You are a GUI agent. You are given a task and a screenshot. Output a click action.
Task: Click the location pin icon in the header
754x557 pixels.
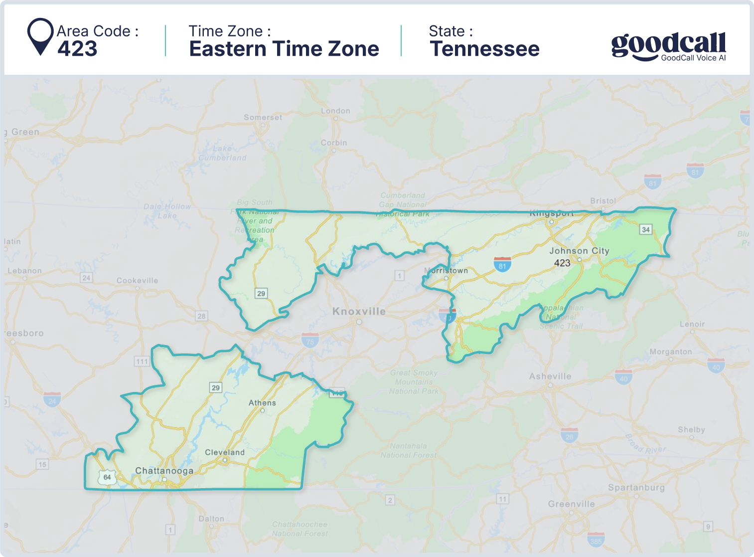coord(40,36)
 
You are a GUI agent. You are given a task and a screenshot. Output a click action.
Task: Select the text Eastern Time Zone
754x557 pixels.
coord(284,49)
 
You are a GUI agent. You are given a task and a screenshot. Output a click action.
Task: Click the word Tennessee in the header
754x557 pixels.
coord(484,49)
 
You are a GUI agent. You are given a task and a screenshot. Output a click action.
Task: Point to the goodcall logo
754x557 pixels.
coord(668,46)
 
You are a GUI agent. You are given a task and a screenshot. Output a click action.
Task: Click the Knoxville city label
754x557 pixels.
coord(359,312)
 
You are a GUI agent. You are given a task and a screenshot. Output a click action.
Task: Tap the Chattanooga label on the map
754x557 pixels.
coord(164,471)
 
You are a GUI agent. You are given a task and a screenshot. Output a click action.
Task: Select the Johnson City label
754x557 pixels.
coord(579,251)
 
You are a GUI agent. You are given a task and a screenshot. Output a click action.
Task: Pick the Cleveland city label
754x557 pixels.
coord(225,452)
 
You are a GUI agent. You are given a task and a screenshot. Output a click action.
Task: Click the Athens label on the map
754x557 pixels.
coord(262,403)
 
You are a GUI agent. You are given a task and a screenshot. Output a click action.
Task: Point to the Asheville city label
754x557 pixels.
coord(550,376)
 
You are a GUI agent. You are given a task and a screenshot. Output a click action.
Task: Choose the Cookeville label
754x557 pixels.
coord(137,281)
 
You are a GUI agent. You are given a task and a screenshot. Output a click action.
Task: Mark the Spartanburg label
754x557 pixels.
coord(636,488)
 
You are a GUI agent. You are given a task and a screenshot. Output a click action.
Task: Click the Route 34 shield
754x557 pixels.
coord(646,229)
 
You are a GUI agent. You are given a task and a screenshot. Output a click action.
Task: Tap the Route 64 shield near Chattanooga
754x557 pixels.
coord(107,477)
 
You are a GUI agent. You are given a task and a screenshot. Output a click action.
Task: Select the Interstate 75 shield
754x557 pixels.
coord(310,341)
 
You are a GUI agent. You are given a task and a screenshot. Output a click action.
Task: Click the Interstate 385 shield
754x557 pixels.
coord(596,540)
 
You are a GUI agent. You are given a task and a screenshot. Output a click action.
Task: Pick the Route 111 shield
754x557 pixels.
coord(142,362)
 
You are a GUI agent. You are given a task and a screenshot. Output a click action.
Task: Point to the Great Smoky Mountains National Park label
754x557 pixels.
coord(414,382)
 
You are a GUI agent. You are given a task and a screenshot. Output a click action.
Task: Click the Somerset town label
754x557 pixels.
coord(263,118)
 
